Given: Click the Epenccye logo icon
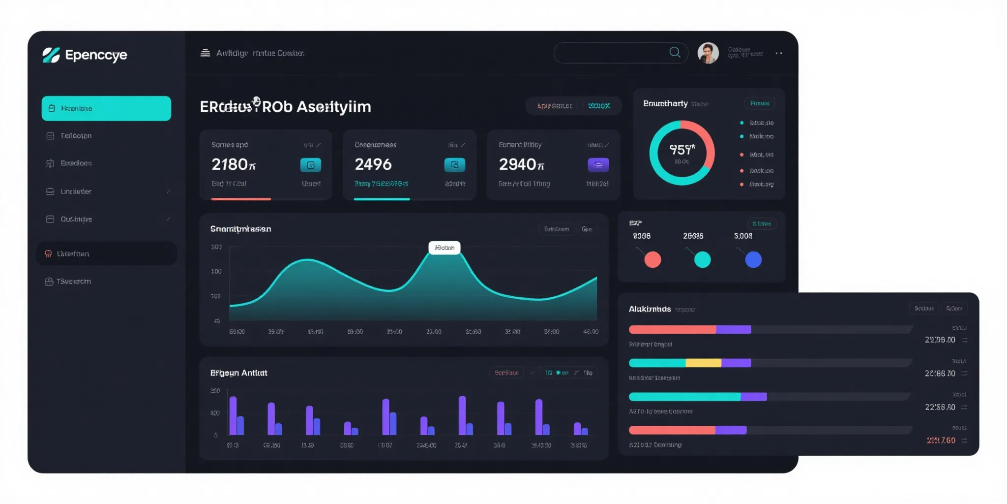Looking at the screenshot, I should [51, 55].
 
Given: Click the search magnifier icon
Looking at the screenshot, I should [675, 52].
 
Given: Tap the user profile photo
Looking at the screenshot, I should [708, 53].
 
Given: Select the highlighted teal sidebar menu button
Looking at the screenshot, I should [106, 108].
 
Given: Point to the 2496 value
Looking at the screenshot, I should [373, 164].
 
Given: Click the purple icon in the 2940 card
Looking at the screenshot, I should [598, 165].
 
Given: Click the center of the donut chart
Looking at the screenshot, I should [682, 153].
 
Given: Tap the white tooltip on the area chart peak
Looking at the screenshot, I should [444, 248].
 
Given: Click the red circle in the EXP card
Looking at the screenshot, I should [652, 259].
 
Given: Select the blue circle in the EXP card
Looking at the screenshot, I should [753, 259].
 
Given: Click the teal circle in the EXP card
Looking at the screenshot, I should [702, 259].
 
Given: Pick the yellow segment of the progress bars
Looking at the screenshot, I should [703, 363].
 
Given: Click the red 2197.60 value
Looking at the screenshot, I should [941, 441].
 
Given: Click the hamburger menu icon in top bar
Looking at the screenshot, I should [205, 53].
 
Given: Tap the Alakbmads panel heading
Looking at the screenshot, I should [650, 309].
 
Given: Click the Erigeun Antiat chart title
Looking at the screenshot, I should [238, 373].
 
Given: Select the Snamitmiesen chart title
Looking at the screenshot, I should [240, 229].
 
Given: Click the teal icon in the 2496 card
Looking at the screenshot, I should [454, 165].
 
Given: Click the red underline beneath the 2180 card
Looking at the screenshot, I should [241, 199].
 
